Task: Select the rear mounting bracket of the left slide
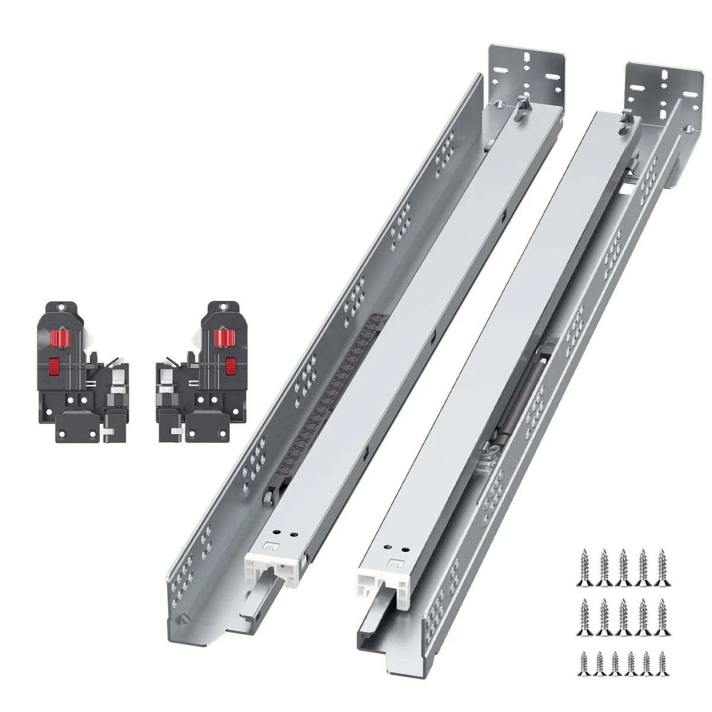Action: point(525,74)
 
